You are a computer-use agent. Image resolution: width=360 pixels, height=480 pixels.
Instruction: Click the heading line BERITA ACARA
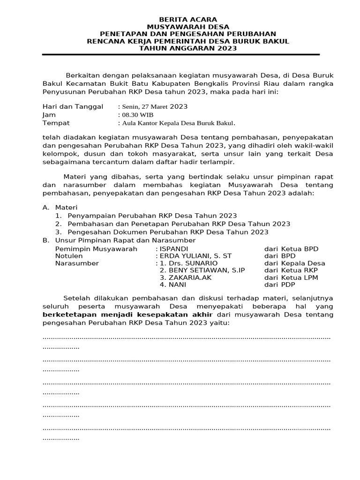(181, 20)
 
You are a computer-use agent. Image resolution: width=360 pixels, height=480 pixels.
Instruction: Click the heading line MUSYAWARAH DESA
(181, 27)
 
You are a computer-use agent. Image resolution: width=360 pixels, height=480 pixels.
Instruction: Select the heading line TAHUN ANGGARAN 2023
(181, 48)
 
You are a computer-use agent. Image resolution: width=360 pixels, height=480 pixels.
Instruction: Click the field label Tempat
(56, 123)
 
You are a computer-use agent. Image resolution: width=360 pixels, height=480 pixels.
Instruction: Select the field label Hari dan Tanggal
(73, 107)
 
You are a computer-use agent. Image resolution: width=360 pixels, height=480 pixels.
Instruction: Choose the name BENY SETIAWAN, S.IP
(202, 270)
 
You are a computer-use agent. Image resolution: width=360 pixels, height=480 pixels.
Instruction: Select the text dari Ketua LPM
(291, 277)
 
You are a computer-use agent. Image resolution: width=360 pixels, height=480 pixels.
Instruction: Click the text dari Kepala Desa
(294, 263)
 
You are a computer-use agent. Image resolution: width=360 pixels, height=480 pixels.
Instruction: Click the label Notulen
(69, 256)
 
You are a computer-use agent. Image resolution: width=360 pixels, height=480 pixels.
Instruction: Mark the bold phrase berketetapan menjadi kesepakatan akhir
(127, 314)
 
